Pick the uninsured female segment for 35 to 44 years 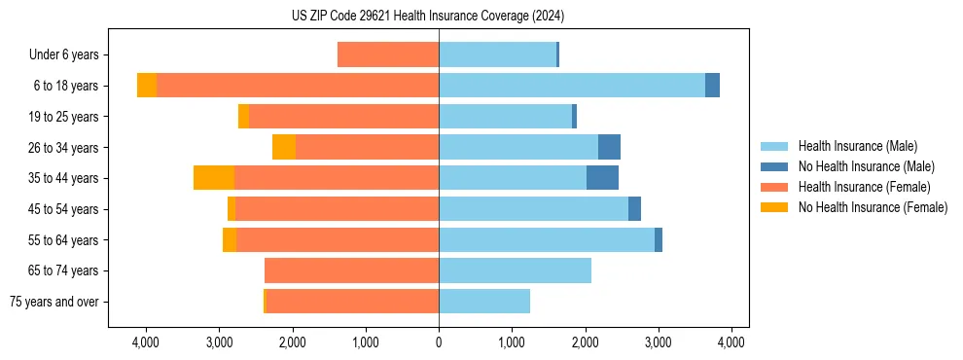tap(214, 178)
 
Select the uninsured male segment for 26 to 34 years tap(609, 147)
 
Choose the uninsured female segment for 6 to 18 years tap(147, 86)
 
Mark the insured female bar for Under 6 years tap(388, 55)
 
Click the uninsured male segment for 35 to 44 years tap(602, 178)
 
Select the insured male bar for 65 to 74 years tap(515, 270)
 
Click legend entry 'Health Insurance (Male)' tap(857, 146)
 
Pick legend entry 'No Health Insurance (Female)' tap(872, 207)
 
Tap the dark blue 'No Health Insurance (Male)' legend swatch tap(775, 166)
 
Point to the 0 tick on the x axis tap(439, 342)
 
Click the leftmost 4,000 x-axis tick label tap(146, 342)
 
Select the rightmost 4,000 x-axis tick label tap(731, 342)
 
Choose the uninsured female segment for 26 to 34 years tap(284, 147)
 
